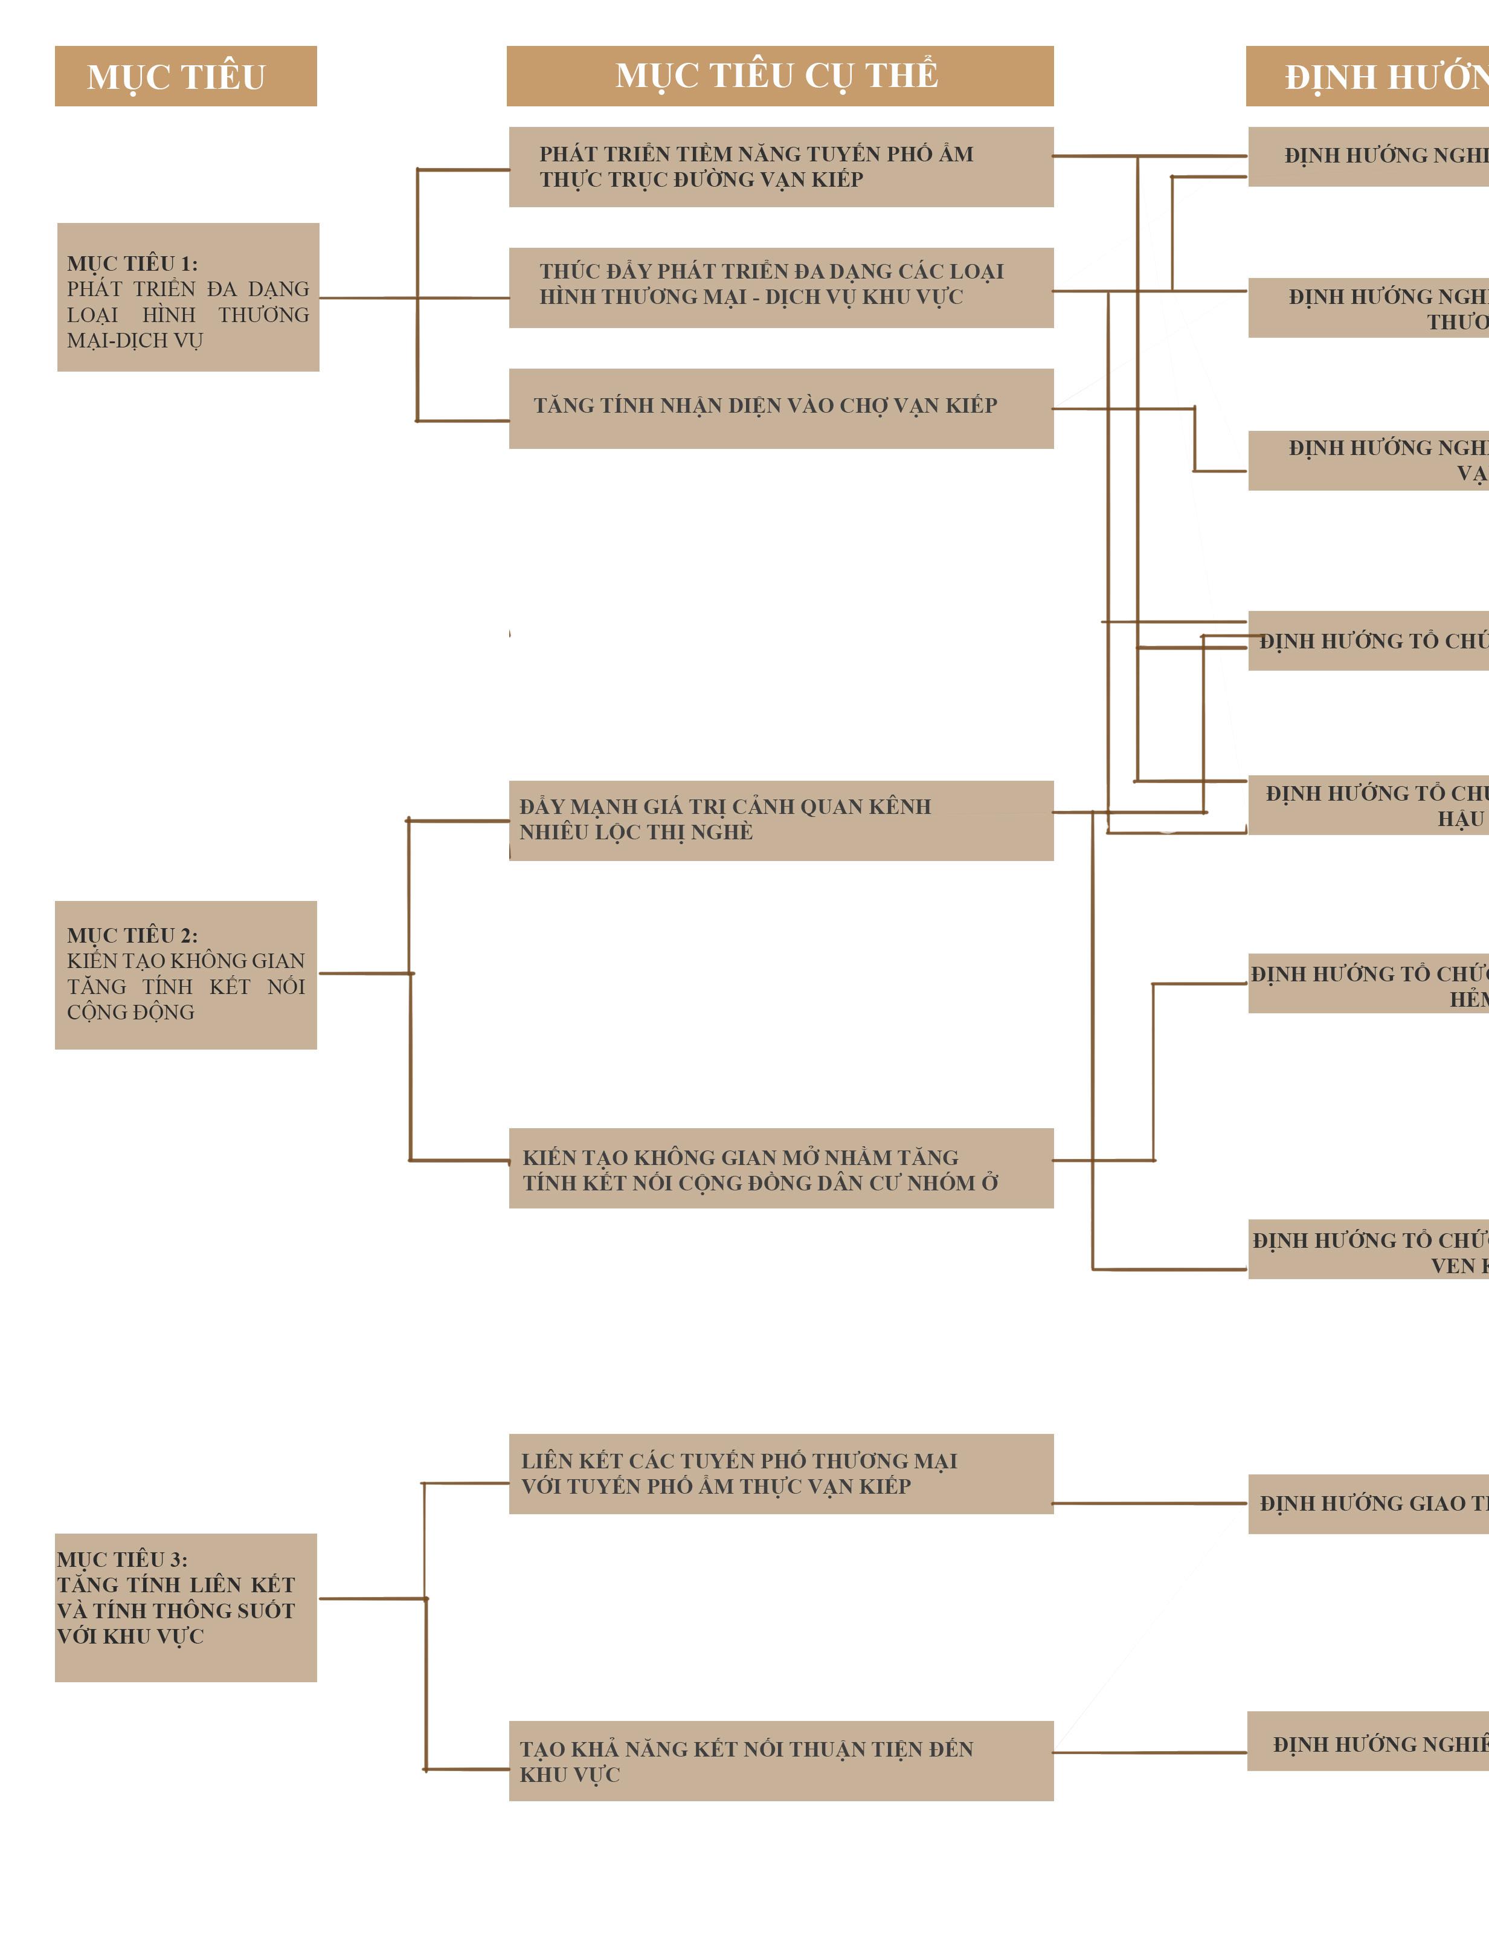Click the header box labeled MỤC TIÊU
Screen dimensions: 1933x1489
[186, 76]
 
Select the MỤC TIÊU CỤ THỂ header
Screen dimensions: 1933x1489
[779, 76]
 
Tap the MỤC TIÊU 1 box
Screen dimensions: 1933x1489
[188, 297]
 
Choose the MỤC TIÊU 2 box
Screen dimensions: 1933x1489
[186, 975]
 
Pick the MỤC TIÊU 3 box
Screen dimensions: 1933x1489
[186, 1607]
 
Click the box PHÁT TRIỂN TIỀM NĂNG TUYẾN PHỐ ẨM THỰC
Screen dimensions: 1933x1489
[780, 167]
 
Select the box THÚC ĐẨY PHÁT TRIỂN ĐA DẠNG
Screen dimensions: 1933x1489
[780, 288]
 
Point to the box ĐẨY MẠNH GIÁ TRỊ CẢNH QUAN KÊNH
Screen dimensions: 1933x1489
[780, 821]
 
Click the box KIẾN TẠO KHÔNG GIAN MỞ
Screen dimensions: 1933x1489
[780, 1168]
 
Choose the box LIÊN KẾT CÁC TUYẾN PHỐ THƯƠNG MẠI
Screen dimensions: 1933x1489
[780, 1474]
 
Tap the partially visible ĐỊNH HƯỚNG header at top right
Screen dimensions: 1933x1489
[1368, 76]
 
